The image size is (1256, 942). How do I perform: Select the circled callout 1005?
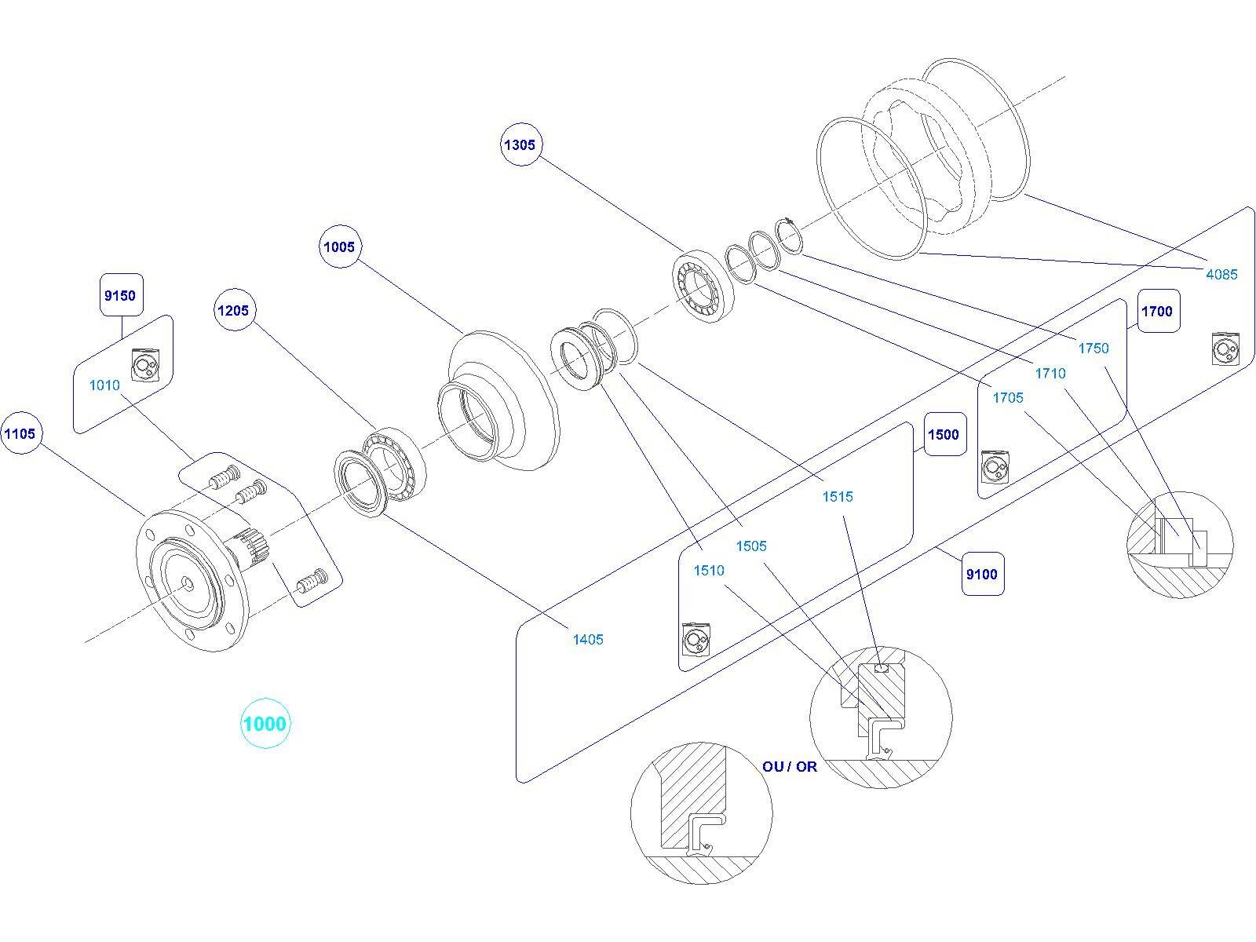pos(339,246)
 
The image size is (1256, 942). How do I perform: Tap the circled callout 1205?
pos(233,310)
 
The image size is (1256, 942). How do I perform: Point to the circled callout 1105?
pos(20,433)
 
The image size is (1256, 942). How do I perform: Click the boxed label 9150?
pos(120,295)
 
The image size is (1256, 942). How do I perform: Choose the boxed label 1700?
pos(1157,311)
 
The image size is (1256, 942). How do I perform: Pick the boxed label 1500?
pos(944,434)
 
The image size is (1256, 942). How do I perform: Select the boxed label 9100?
pos(982,574)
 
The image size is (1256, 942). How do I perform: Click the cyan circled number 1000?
pos(265,723)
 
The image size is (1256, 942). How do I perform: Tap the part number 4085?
pos(1221,274)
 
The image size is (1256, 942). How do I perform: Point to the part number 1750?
pos(1094,349)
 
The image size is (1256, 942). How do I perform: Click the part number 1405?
pos(588,640)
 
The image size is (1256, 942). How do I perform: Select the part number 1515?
pos(838,496)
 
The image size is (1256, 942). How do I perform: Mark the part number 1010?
pos(104,385)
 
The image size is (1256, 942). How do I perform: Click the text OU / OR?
pos(790,766)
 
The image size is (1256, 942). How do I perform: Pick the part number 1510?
pos(709,571)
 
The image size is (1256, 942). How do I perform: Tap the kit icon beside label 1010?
pos(145,365)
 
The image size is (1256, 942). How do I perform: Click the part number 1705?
pos(1008,398)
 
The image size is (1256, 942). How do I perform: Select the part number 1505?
pos(751,546)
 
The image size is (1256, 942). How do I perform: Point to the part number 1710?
pos(1050,374)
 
